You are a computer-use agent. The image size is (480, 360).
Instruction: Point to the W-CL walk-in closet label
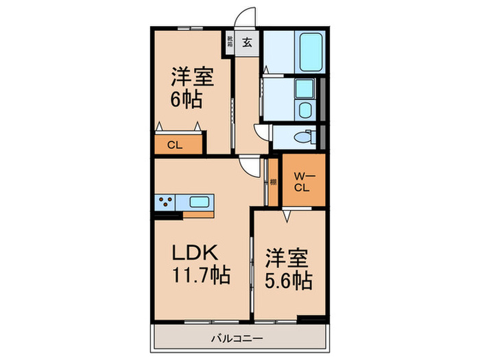(x=302, y=183)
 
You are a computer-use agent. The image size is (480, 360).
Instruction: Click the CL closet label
(x=174, y=145)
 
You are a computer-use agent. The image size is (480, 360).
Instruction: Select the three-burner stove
(x=165, y=203)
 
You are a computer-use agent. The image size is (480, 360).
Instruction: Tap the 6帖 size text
(x=186, y=99)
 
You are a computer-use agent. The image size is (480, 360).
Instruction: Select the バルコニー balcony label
(x=237, y=337)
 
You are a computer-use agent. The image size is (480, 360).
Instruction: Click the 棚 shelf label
(x=273, y=182)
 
